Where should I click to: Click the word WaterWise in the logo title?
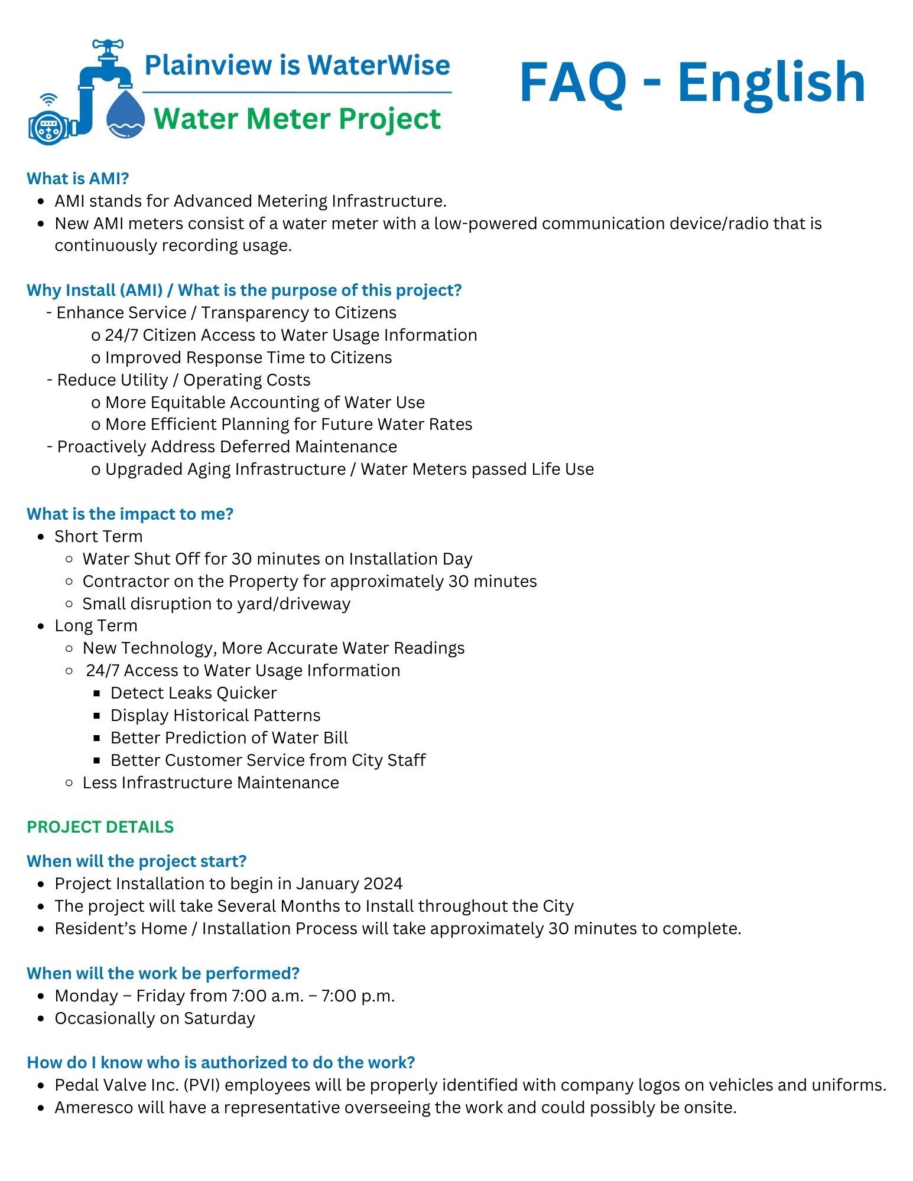pos(378,65)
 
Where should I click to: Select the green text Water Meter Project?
pos(297,119)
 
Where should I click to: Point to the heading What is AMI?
pos(78,178)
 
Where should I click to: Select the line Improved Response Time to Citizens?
pos(248,358)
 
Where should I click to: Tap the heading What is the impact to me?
pos(130,514)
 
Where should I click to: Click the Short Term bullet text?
pos(99,536)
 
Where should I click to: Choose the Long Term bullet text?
pos(96,625)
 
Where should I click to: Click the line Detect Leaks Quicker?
pos(193,693)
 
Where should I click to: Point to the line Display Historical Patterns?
pos(215,715)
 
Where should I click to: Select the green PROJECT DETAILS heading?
pos(100,827)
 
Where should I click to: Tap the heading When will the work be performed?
pos(163,973)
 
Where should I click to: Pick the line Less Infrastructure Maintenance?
pos(210,782)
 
